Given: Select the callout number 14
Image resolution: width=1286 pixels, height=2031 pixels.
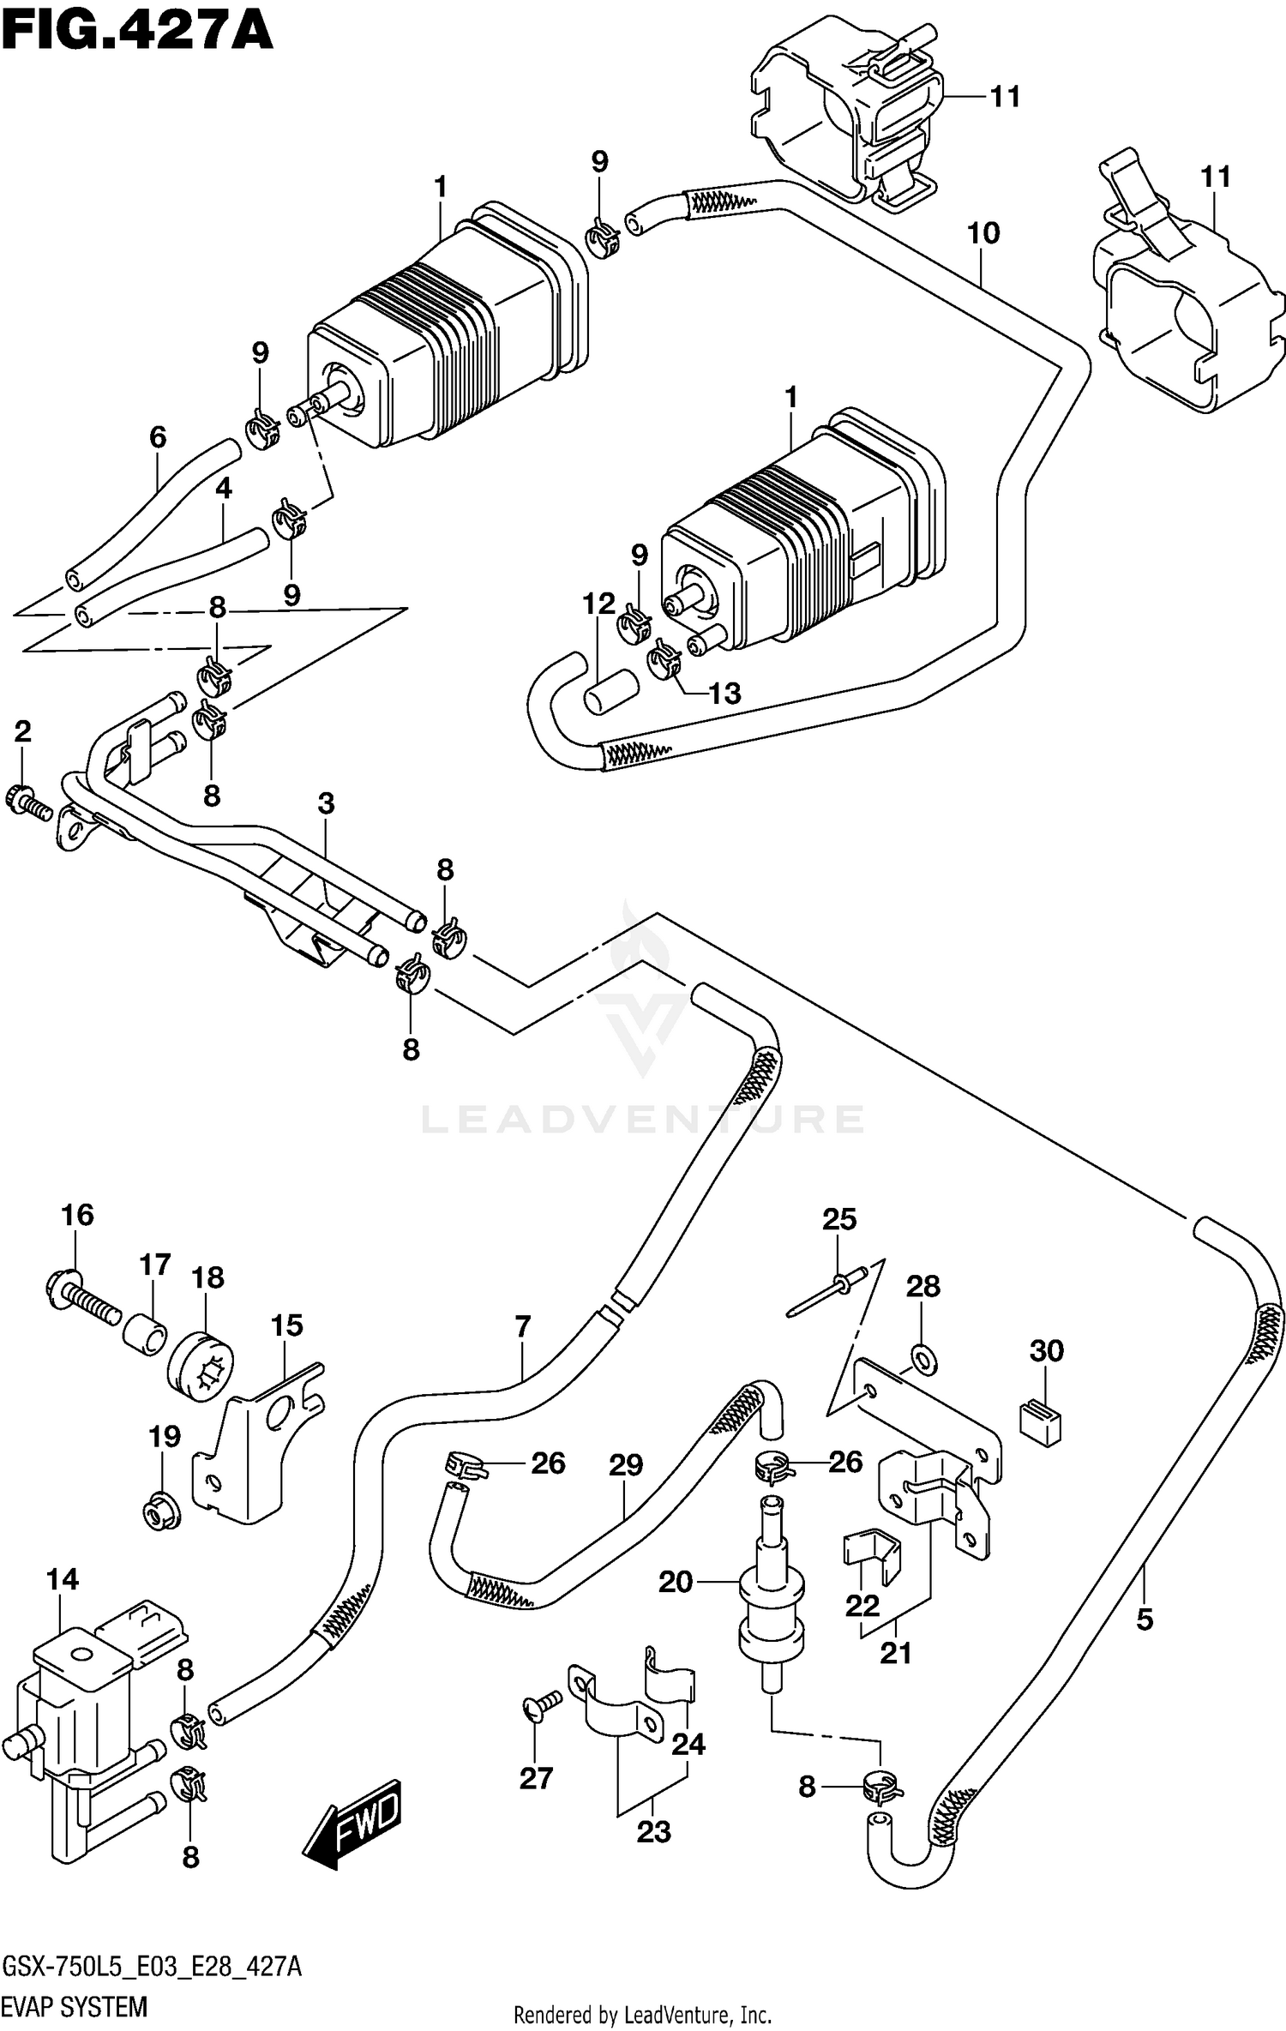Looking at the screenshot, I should pos(63,1578).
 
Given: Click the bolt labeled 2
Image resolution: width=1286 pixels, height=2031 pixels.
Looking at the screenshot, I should pos(30,802).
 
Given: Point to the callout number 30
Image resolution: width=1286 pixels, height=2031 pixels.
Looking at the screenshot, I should pos(1046,1350).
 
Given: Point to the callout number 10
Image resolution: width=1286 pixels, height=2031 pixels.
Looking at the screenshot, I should pos(983,232).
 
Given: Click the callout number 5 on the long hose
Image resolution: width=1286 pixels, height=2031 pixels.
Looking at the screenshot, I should pos(1145,1619).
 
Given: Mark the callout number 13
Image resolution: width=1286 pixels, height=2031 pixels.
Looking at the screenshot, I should pos(724,693).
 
